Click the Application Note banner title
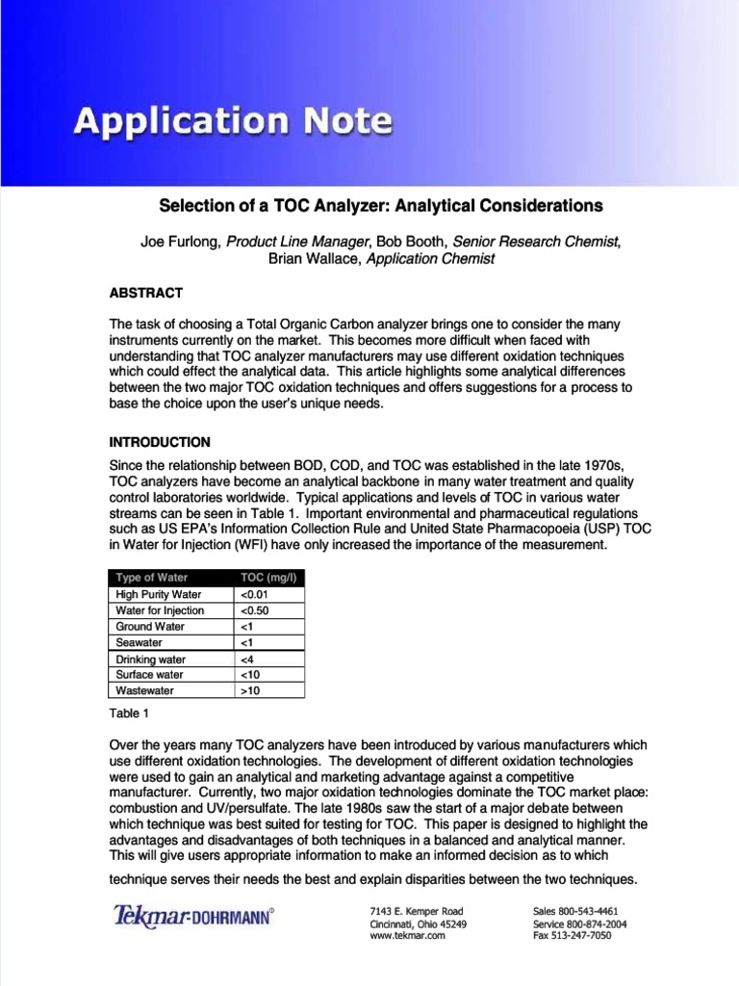[234, 122]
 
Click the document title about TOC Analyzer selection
[380, 206]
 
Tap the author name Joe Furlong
[181, 241]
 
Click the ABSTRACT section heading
[145, 293]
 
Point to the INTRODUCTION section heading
[160, 443]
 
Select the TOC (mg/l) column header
[267, 578]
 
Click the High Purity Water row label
[159, 594]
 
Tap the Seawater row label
[140, 642]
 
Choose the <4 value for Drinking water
[246, 660]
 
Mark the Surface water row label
[150, 675]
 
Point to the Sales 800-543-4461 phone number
[575, 910]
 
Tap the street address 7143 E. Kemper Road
[417, 910]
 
